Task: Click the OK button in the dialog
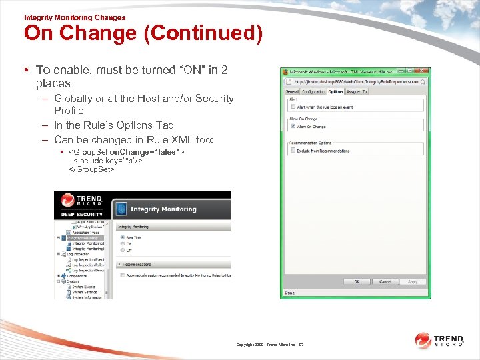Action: pyautogui.click(x=357, y=281)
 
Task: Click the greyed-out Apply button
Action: pyautogui.click(x=413, y=281)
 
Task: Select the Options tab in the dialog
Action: pyautogui.click(x=335, y=91)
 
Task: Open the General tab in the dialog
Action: pyautogui.click(x=292, y=91)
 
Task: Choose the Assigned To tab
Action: pyautogui.click(x=357, y=91)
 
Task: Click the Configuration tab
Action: pyautogui.click(x=313, y=91)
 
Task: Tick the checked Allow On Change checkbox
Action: pyautogui.click(x=291, y=126)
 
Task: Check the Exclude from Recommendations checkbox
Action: pyautogui.click(x=291, y=151)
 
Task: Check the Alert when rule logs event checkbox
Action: pyautogui.click(x=291, y=107)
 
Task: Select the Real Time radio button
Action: pyautogui.click(x=121, y=237)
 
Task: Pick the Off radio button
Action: pyautogui.click(x=121, y=250)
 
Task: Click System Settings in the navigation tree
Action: pyautogui.click(x=85, y=292)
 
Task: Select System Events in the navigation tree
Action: pyautogui.click(x=85, y=287)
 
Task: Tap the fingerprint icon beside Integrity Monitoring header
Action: pyautogui.click(x=121, y=209)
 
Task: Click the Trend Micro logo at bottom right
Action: pyautogui.click(x=440, y=341)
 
